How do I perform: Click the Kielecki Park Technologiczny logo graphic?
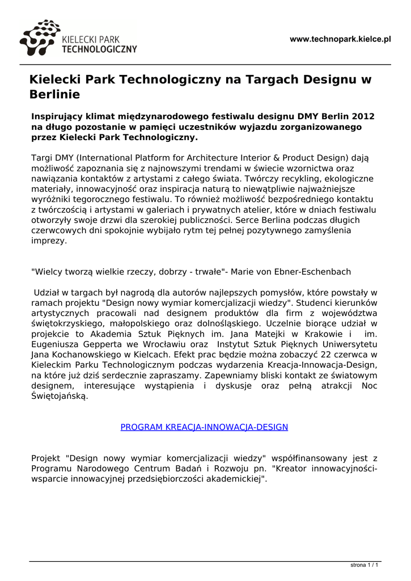click(39, 37)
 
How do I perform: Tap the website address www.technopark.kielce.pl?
click(341, 39)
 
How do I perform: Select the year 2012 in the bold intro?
click(361, 116)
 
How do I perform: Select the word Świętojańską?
click(60, 396)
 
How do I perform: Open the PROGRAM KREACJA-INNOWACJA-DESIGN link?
click(204, 427)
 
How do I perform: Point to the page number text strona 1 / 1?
click(364, 566)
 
